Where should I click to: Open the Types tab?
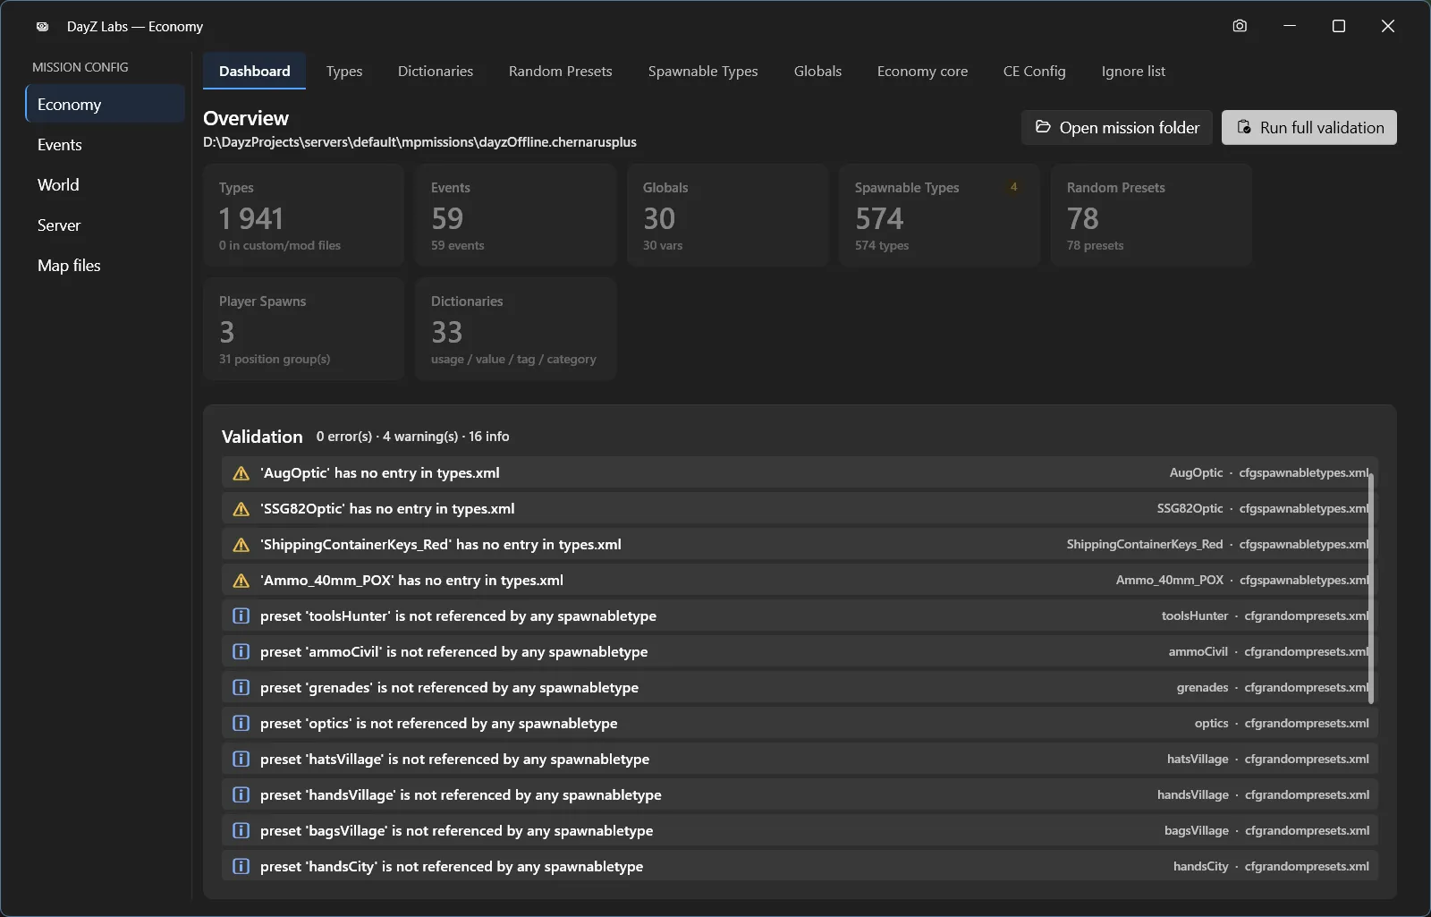tap(343, 71)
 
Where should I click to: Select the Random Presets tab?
tap(560, 71)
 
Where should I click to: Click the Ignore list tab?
tap(1132, 71)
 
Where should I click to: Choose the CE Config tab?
tap(1034, 71)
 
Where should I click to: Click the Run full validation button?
tap(1309, 127)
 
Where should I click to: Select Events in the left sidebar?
tap(59, 144)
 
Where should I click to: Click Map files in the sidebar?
tap(69, 265)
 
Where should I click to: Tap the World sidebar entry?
tap(58, 184)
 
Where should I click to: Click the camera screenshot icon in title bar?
tap(1240, 26)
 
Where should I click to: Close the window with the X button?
tap(1387, 26)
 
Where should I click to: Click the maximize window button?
tap(1338, 26)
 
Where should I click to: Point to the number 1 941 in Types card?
tap(251, 218)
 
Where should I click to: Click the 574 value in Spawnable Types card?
tap(879, 218)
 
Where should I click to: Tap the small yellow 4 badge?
tap(1013, 187)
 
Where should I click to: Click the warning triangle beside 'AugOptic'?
tap(241, 473)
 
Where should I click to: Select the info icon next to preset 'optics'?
tap(241, 723)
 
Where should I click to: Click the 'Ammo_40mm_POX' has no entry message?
tap(411, 580)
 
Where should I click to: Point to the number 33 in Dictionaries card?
tap(446, 332)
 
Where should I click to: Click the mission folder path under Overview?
tap(419, 142)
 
